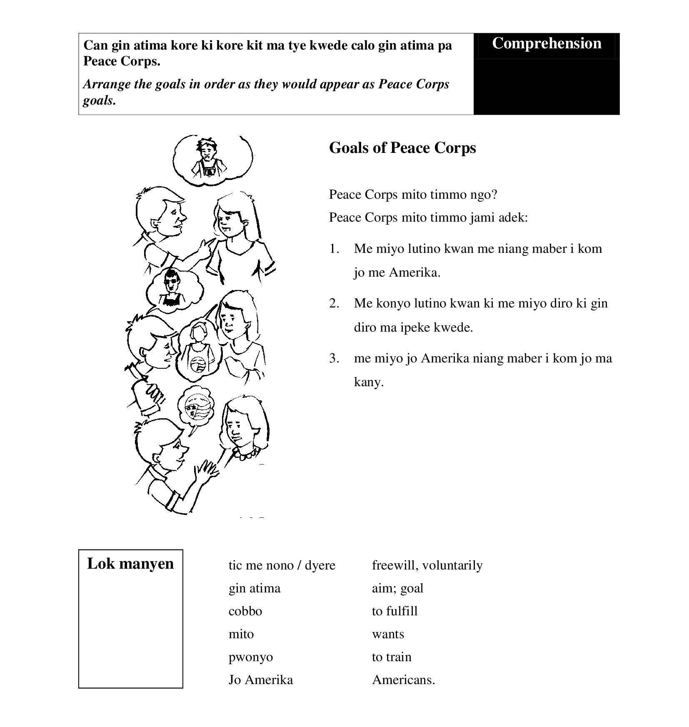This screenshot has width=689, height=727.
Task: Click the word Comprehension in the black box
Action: click(547, 44)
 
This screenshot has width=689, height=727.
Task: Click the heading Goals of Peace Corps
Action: click(402, 148)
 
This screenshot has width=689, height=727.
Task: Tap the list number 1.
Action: click(334, 249)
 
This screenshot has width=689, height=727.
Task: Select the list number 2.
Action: click(334, 303)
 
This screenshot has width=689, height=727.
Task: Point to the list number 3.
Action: click(334, 358)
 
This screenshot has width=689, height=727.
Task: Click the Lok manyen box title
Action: click(130, 564)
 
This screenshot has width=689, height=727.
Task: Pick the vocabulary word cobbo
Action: click(245, 611)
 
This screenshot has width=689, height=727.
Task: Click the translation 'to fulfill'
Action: click(394, 611)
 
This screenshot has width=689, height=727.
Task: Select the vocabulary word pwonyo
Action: click(251, 657)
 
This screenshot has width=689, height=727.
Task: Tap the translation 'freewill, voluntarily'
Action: click(427, 565)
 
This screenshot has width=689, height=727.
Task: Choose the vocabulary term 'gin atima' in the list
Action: click(255, 588)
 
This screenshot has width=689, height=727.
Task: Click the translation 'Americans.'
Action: click(403, 680)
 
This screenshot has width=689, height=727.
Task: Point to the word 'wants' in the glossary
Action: click(388, 634)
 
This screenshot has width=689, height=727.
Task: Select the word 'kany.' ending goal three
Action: click(369, 382)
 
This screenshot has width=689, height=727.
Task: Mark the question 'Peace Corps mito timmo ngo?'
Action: click(413, 195)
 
